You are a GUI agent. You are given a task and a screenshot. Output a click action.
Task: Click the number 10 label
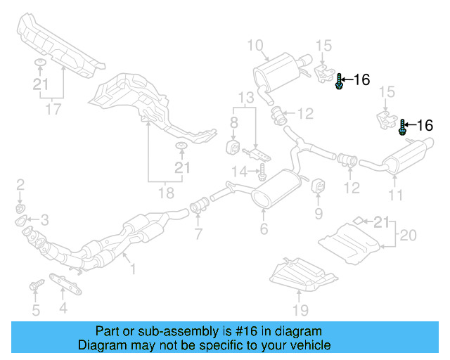pos(254,46)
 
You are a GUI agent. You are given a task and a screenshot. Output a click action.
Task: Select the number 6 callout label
pos(264,229)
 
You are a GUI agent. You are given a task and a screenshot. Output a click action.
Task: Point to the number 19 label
pos(301,309)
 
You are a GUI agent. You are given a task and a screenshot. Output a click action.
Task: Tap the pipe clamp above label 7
pos(199,207)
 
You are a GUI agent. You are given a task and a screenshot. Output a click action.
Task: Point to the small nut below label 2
pos(20,209)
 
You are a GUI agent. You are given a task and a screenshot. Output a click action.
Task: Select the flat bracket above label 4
pos(64,285)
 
